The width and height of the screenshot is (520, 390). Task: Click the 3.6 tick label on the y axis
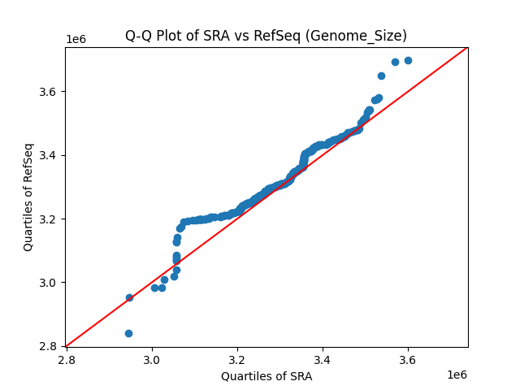click(50, 92)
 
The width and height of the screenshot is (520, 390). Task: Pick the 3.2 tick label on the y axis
click(50, 219)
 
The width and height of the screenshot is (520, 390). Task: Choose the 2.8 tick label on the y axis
click(50, 347)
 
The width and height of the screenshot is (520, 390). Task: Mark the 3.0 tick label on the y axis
click(50, 283)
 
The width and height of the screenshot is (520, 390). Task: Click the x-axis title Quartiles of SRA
click(266, 376)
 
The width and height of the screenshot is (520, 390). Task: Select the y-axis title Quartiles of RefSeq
click(28, 197)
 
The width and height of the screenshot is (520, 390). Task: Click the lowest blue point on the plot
click(128, 333)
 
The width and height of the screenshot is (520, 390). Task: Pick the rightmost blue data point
click(408, 60)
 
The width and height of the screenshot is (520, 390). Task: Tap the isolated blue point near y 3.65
click(381, 76)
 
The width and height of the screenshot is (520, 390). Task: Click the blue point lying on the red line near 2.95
click(129, 297)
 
